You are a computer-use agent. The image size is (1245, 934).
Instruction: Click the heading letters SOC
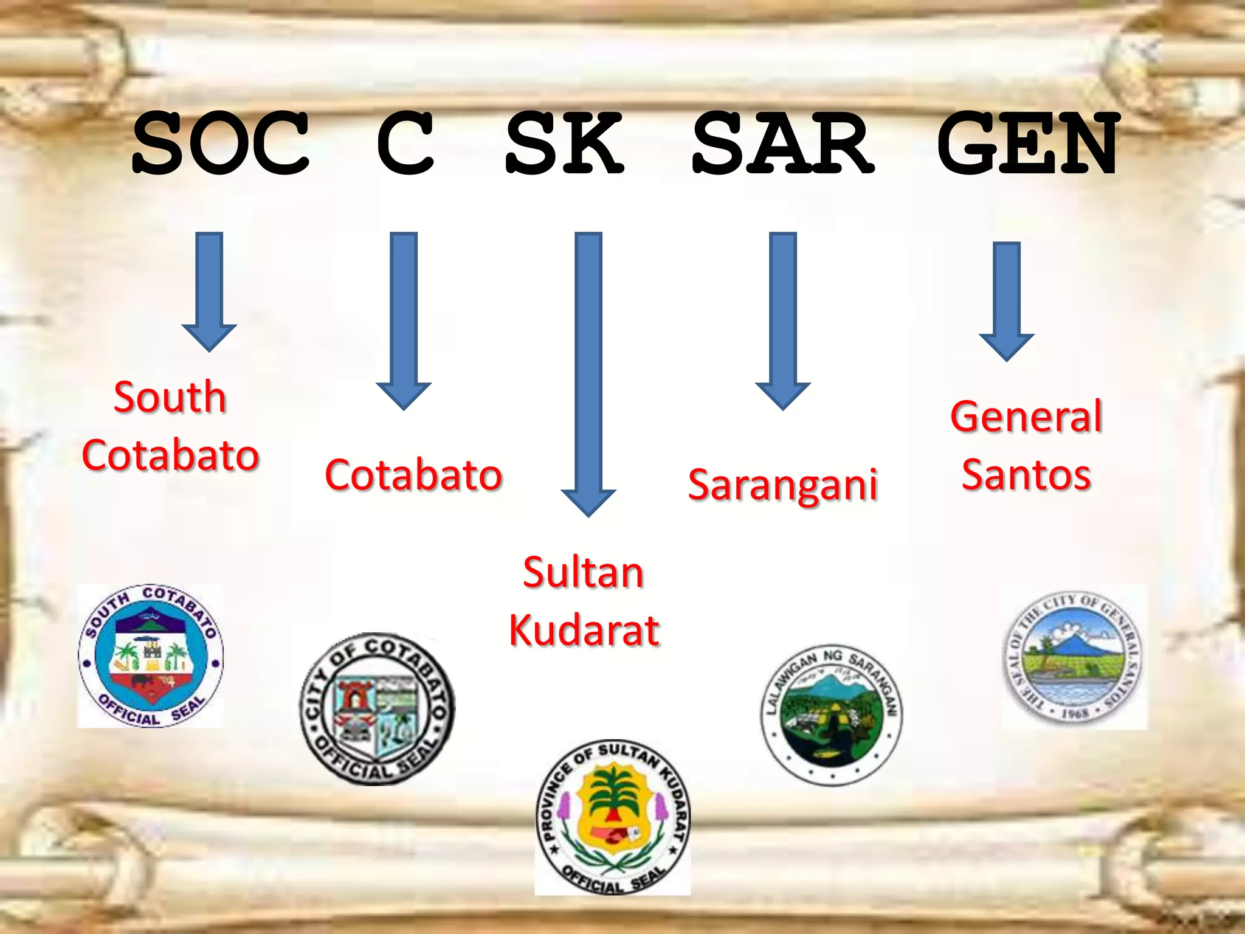(221, 144)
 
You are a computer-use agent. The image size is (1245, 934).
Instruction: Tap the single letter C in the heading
(405, 144)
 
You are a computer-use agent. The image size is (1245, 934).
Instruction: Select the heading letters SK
(564, 144)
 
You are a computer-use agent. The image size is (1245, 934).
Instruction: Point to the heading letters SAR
(783, 144)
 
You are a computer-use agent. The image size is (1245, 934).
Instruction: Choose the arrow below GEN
(1007, 301)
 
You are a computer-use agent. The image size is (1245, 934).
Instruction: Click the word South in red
(170, 397)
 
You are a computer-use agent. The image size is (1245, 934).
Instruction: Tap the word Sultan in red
(583, 573)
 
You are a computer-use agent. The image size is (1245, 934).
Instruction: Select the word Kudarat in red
(584, 630)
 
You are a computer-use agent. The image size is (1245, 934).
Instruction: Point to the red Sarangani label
(783, 485)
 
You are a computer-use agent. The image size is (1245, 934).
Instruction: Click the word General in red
(1026, 417)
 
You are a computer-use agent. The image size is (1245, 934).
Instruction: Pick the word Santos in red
(1026, 474)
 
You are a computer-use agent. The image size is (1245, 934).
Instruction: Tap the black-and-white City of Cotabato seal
(378, 709)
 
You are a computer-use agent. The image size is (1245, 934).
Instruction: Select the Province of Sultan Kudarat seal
(613, 818)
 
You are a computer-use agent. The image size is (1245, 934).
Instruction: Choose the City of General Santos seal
(1074, 657)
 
